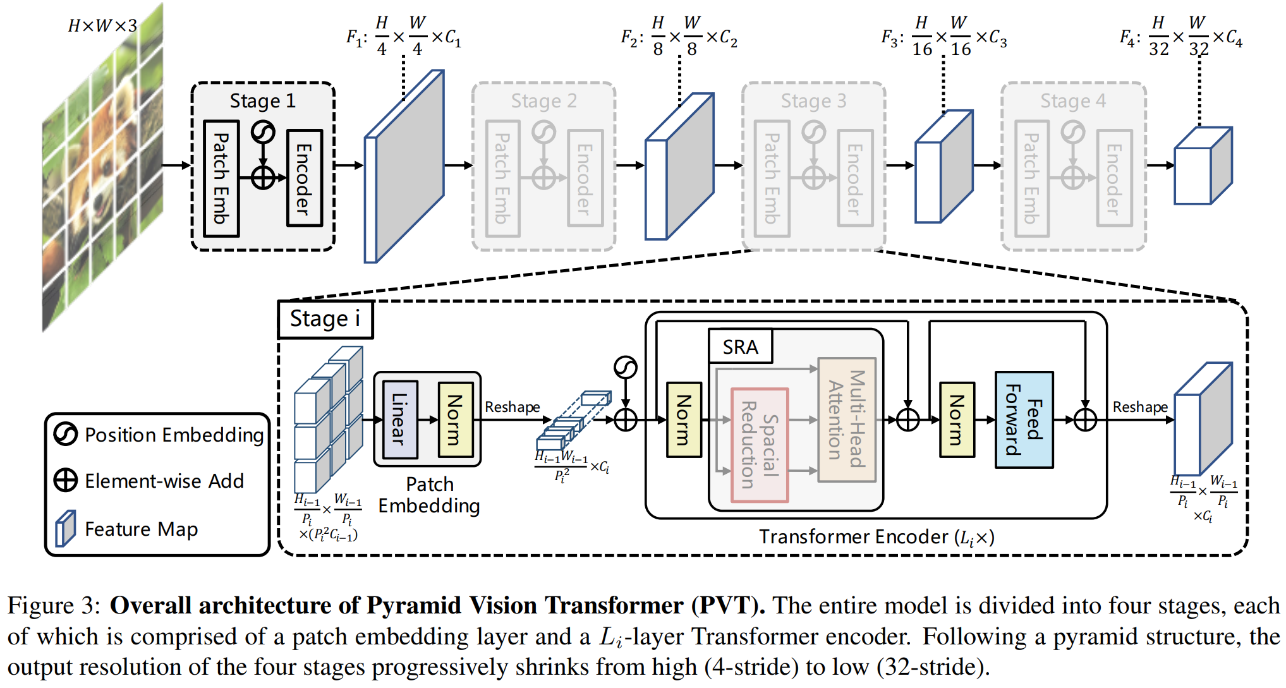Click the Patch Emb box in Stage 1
[221, 179]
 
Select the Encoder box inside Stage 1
[305, 178]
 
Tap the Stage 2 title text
[543, 101]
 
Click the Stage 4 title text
[1073, 101]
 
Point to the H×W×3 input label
[102, 26]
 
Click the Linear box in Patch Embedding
[400, 419]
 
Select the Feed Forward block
[1024, 419]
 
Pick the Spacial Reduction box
[760, 445]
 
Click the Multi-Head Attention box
[847, 419]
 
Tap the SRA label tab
[741, 346]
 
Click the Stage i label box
[325, 320]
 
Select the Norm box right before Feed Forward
[957, 419]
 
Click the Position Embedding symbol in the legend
[66, 434]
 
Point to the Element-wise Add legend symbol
[66, 481]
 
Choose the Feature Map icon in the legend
[65, 528]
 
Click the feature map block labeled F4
[1203, 166]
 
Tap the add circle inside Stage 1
[263, 178]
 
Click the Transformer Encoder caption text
[877, 537]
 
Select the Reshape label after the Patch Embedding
[512, 407]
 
